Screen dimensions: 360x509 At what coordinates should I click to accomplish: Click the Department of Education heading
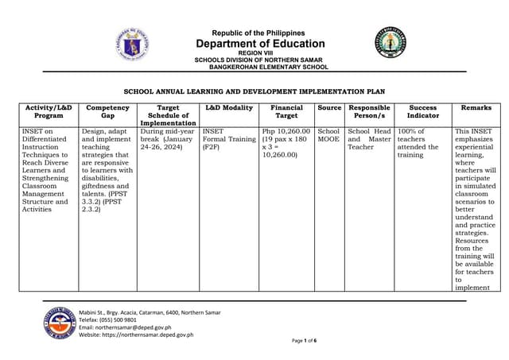260,44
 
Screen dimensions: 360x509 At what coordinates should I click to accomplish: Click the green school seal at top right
391,43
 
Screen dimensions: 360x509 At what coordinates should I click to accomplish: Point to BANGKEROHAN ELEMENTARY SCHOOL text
262,68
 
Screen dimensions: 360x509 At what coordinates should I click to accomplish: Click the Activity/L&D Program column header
49,112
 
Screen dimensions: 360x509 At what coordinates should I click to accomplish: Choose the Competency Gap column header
107,112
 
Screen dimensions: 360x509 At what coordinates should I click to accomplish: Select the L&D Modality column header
229,108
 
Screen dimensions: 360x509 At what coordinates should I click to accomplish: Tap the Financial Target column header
286,112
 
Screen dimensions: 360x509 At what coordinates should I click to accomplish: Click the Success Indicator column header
422,112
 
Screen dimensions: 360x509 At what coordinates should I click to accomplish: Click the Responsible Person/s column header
369,112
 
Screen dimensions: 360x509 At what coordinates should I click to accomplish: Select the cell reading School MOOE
328,136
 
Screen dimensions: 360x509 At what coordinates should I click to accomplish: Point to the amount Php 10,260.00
286,132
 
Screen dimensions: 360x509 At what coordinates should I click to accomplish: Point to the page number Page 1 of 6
304,340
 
